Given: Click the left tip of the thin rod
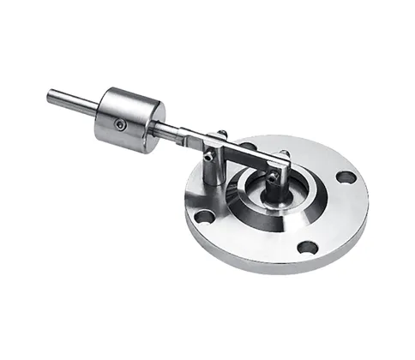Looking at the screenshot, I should [x=51, y=95].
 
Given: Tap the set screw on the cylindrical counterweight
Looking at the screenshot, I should [x=121, y=125].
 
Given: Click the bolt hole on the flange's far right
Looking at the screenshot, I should [x=346, y=177].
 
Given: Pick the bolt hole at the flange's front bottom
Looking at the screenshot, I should [x=307, y=248].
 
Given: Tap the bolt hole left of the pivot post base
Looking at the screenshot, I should [x=204, y=216].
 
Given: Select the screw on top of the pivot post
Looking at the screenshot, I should [x=221, y=133].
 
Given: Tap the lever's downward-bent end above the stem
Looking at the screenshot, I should [x=280, y=168].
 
